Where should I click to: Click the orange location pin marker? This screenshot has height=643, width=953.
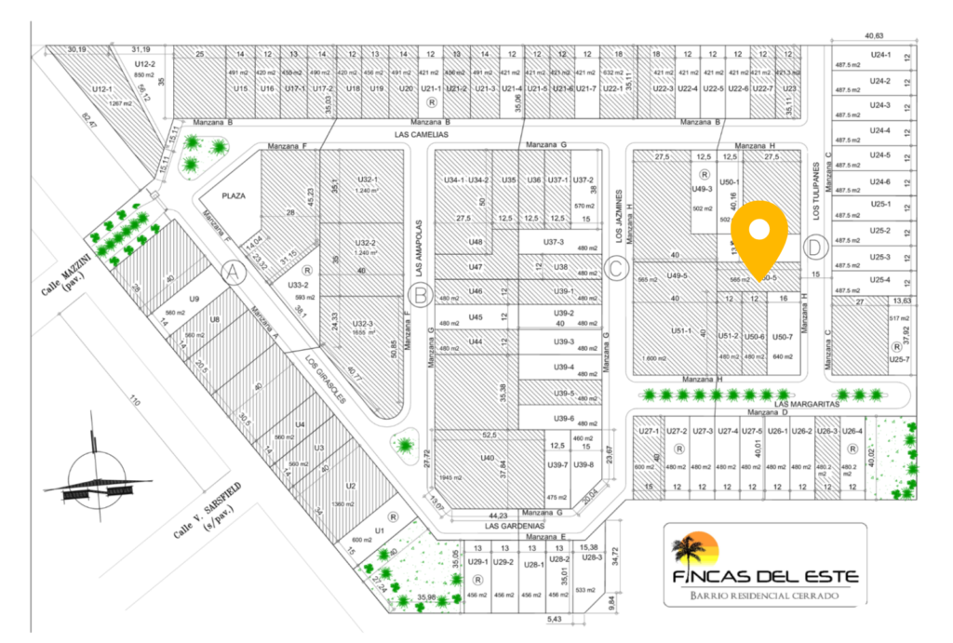coord(759,233)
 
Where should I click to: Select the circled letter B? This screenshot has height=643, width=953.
coord(420,297)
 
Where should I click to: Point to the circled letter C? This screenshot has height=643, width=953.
coord(614,270)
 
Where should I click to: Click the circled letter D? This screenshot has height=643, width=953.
coord(815,248)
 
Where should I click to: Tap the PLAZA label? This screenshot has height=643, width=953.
coord(233,196)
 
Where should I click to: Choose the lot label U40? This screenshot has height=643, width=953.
coord(487,458)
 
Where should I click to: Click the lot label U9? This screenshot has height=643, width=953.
coord(195,299)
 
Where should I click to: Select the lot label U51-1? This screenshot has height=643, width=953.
coord(680,329)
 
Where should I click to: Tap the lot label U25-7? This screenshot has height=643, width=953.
coord(899,359)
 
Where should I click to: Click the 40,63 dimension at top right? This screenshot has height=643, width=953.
coord(874,36)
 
